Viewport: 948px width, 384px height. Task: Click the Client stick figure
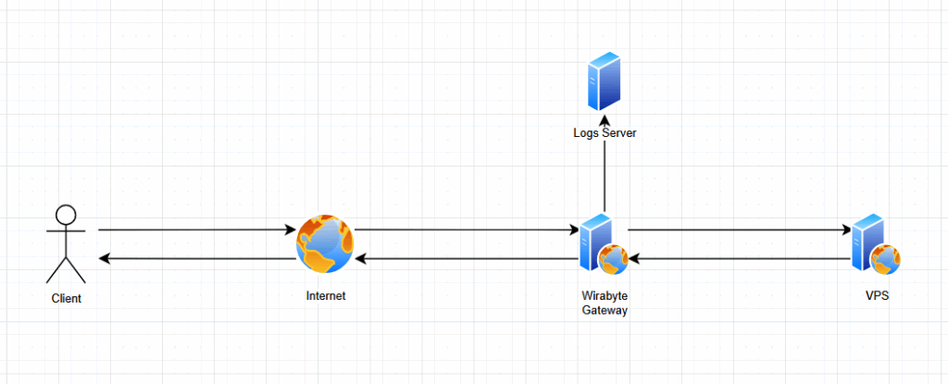tap(66, 244)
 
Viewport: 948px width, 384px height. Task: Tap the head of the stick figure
tap(66, 216)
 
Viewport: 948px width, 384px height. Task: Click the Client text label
tap(66, 299)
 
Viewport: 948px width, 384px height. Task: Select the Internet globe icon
tap(325, 244)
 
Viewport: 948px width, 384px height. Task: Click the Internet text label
tap(326, 296)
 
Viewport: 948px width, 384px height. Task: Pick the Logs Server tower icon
tap(605, 84)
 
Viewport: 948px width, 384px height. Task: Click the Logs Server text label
tap(605, 134)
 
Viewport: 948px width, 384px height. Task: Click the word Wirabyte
tap(605, 296)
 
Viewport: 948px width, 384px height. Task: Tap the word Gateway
tap(605, 310)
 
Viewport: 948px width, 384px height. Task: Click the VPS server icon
tap(871, 242)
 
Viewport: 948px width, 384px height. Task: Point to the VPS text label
tap(875, 296)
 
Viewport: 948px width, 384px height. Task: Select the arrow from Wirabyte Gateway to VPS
tap(741, 229)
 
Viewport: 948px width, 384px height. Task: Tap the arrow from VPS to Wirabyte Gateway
tap(741, 259)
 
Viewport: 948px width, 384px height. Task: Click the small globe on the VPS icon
tap(887, 260)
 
